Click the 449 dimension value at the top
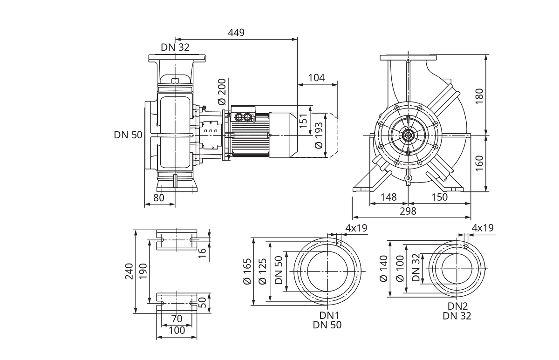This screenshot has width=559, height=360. pos(236,33)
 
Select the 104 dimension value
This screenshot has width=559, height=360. pos(316,78)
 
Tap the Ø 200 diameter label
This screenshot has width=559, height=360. pos(222,92)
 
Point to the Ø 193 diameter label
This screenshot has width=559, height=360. pos(319,136)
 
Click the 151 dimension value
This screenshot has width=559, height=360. pos(303,121)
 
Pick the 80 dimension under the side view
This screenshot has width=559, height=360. pos(159,197)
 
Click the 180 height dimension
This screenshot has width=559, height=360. pos(479,96)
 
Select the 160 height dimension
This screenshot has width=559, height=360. pos(479,163)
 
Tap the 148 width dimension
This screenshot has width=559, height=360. pos(389,197)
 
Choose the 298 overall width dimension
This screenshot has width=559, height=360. pos(408,211)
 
